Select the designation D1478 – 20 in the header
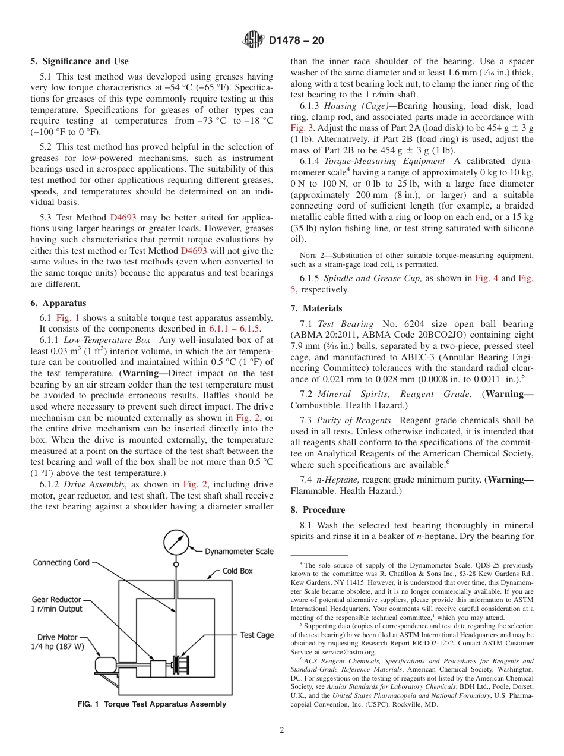[296, 41]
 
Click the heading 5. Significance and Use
[80, 61]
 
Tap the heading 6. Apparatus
[58, 303]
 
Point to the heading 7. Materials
[316, 308]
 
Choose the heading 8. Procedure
[318, 510]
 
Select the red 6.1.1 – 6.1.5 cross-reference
[235, 329]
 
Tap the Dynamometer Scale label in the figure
[239, 552]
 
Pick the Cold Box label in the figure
[237, 571]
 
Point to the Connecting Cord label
[61, 562]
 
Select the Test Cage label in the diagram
[257, 635]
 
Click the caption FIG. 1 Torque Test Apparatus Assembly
[152, 704]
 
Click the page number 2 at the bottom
[282, 730]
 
